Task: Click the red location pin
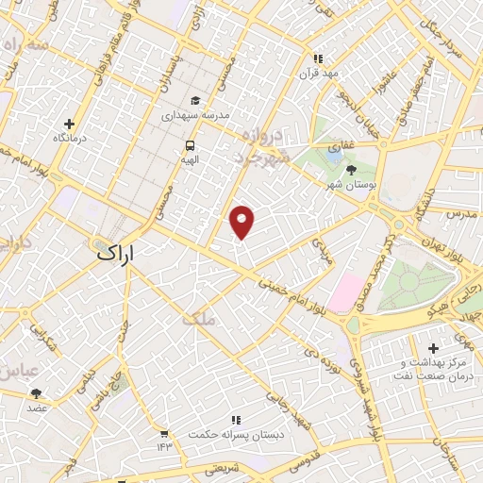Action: (243, 222)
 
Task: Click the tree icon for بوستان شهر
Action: (352, 170)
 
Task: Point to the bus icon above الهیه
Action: (191, 146)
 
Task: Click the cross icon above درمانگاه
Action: (69, 124)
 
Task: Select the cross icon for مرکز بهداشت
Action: (433, 348)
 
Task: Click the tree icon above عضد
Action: (37, 393)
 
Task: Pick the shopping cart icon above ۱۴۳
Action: (166, 431)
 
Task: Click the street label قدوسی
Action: (303, 463)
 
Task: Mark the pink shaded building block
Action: (347, 290)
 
